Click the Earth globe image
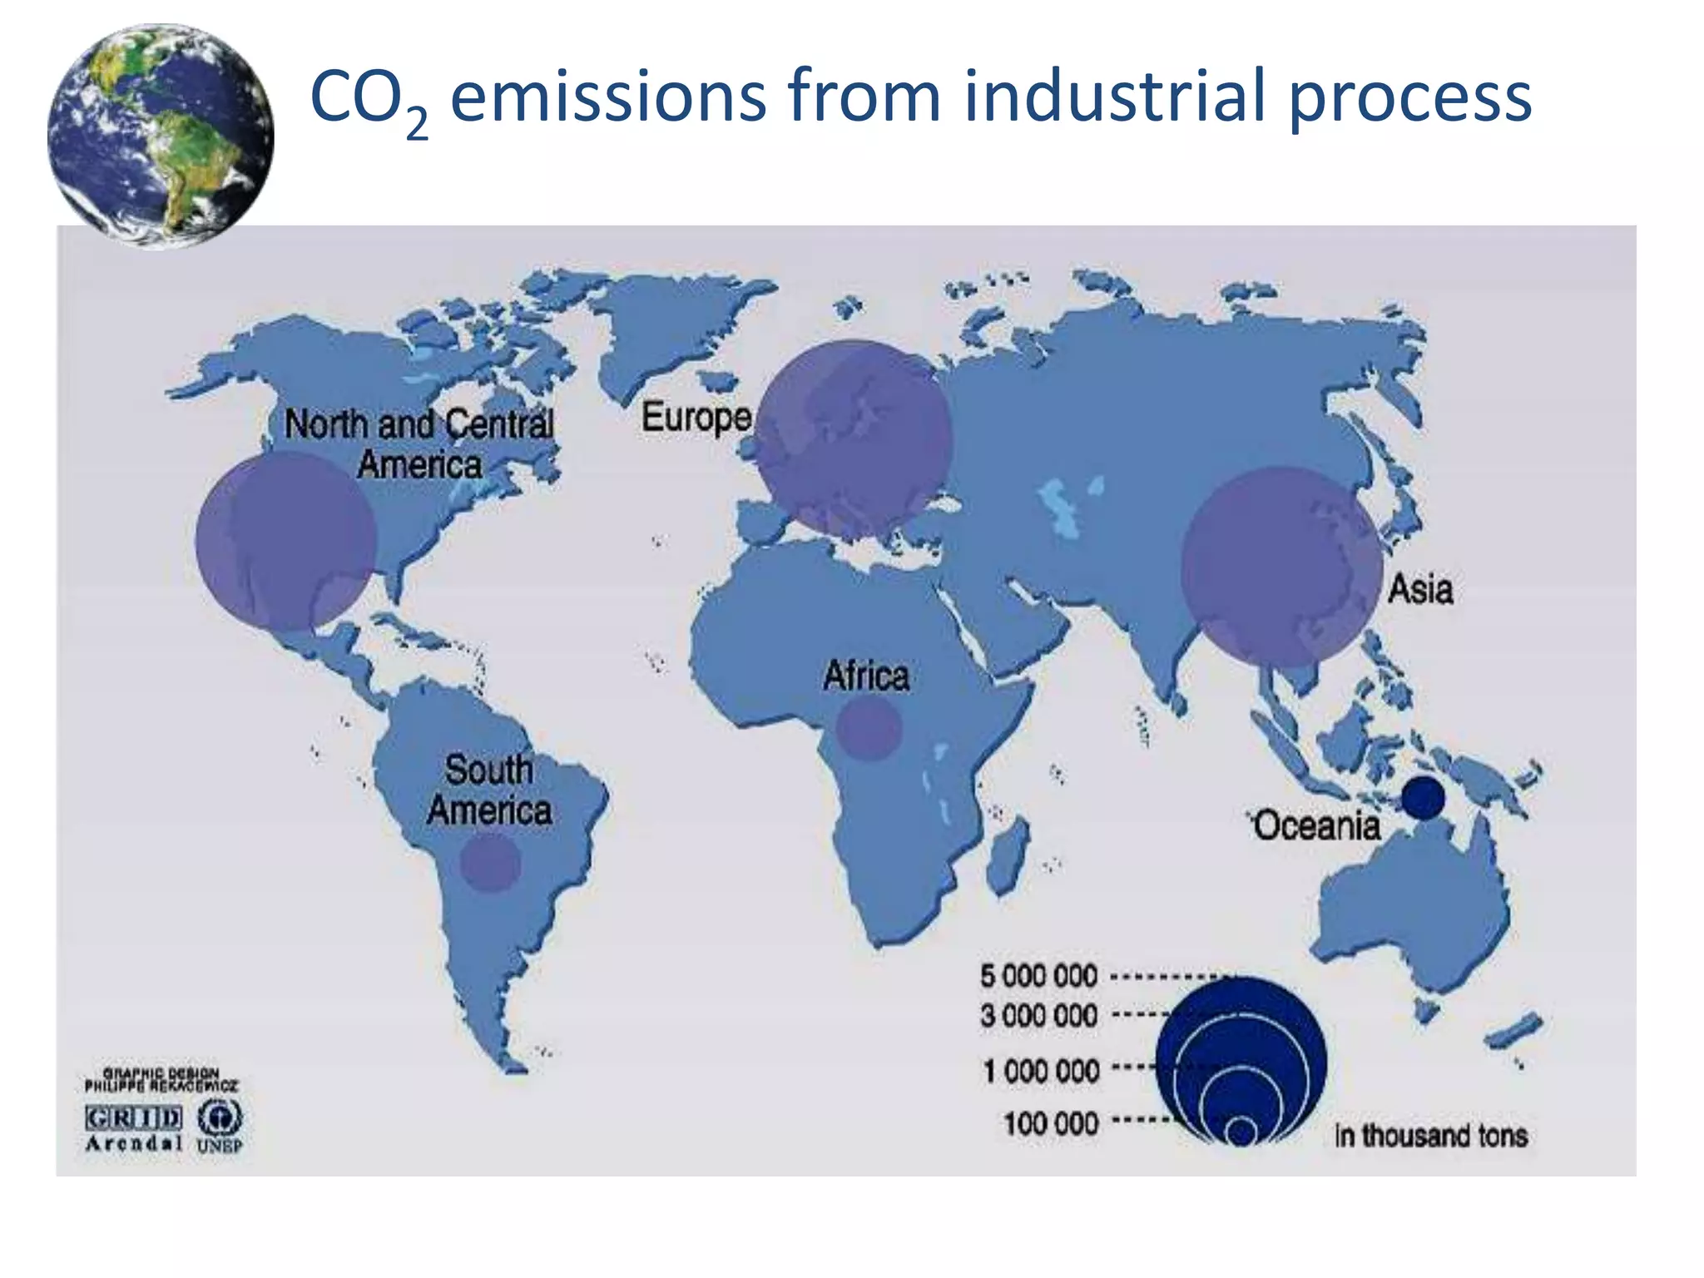tap(161, 136)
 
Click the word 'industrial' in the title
tap(1115, 97)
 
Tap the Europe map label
tap(696, 417)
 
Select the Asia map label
tap(1420, 590)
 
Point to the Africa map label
tap(865, 676)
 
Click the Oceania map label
tap(1316, 826)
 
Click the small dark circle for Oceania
tap(1423, 797)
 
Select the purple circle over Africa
tap(869, 728)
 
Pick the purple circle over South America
tap(491, 863)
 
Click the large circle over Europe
tap(855, 438)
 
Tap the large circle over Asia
tap(1281, 567)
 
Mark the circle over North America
tap(286, 541)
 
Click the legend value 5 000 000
tap(1038, 976)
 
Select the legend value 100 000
tap(1051, 1124)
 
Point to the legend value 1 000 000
tap(1041, 1071)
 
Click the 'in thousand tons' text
tap(1431, 1136)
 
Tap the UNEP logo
tap(220, 1126)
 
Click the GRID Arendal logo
tap(133, 1127)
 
